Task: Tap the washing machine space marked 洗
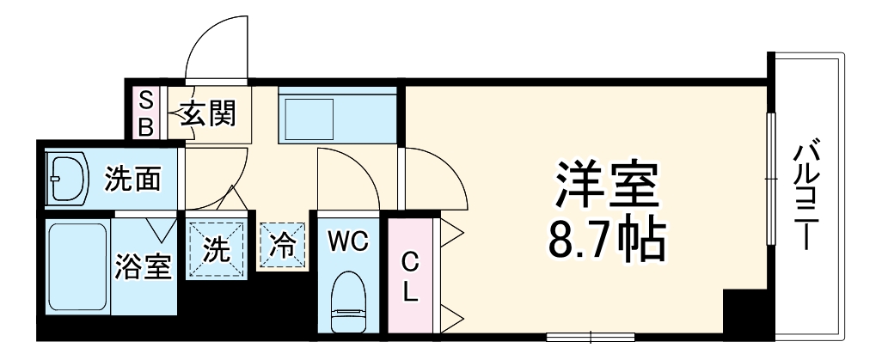pyautogui.click(x=217, y=248)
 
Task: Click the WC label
pyautogui.click(x=347, y=242)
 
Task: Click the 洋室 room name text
pyautogui.click(x=607, y=186)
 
